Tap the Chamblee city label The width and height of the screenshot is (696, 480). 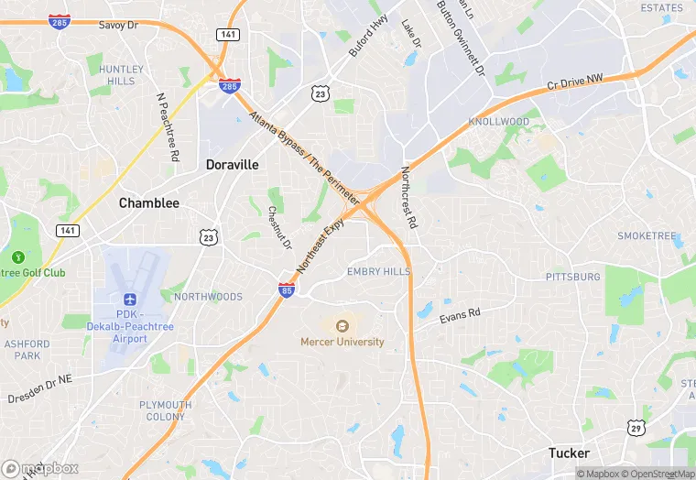pos(148,203)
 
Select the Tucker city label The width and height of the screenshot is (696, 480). pos(569,453)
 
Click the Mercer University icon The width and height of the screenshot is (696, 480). pos(343,325)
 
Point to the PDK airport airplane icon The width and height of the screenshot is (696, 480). pos(129,300)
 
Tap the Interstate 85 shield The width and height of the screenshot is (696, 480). pos(287,290)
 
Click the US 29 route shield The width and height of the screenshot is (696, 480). pos(635,427)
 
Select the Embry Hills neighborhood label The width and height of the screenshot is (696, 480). pos(377,272)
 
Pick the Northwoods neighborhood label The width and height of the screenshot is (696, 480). pos(208,297)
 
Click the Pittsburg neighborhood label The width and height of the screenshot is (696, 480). pos(573,277)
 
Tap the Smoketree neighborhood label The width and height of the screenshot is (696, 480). pos(647,236)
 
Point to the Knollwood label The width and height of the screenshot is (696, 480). pos(499,122)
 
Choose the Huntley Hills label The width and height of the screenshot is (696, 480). pos(122,75)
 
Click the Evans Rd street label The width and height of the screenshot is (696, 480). pos(460,315)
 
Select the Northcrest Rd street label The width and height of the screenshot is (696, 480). pos(409,197)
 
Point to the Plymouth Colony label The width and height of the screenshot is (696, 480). pos(166,410)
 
